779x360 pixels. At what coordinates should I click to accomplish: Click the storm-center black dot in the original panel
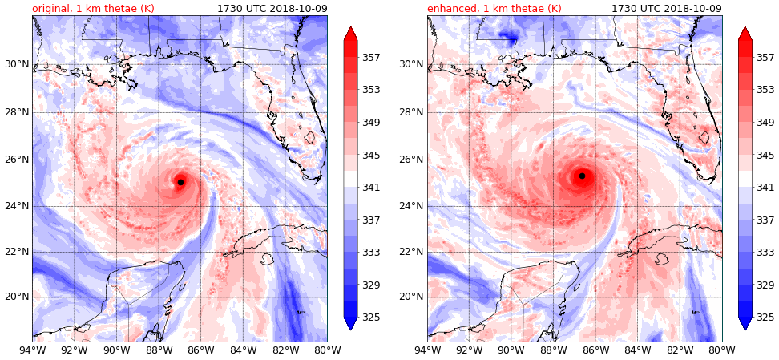180,182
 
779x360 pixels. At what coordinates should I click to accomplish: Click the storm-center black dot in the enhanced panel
582,176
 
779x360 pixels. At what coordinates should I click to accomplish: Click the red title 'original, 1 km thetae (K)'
93,9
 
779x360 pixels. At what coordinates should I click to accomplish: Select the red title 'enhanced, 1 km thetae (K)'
494,9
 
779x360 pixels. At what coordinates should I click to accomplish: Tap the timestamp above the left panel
272,9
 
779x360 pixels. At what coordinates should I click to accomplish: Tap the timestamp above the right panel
666,9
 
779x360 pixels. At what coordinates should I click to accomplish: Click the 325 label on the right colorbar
765,318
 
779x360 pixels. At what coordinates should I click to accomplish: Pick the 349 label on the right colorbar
765,123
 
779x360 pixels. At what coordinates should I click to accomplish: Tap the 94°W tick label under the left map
32,350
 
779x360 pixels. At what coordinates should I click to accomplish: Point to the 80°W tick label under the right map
722,350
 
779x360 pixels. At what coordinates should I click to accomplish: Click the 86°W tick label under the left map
200,350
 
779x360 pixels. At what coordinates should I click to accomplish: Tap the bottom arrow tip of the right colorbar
745,328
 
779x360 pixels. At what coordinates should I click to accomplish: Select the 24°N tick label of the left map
16,206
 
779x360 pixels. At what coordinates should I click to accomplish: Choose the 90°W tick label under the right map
511,350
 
